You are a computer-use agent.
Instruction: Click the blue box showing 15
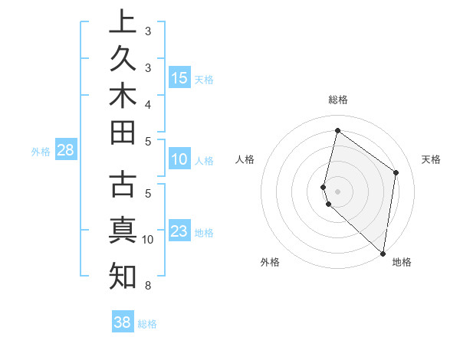pos(179,78)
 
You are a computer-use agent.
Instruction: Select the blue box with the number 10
pos(179,160)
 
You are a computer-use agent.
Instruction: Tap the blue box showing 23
pos(179,231)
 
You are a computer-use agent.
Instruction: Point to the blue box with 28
pos(65,150)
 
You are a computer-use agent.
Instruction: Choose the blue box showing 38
pos(123,322)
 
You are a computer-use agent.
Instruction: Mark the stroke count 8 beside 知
pos(148,286)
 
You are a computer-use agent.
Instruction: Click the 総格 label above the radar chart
pos(338,100)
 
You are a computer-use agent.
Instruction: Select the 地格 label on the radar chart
pos(402,262)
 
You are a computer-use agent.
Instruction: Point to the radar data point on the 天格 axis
pos(396,172)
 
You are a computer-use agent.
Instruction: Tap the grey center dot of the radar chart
pos(338,191)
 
